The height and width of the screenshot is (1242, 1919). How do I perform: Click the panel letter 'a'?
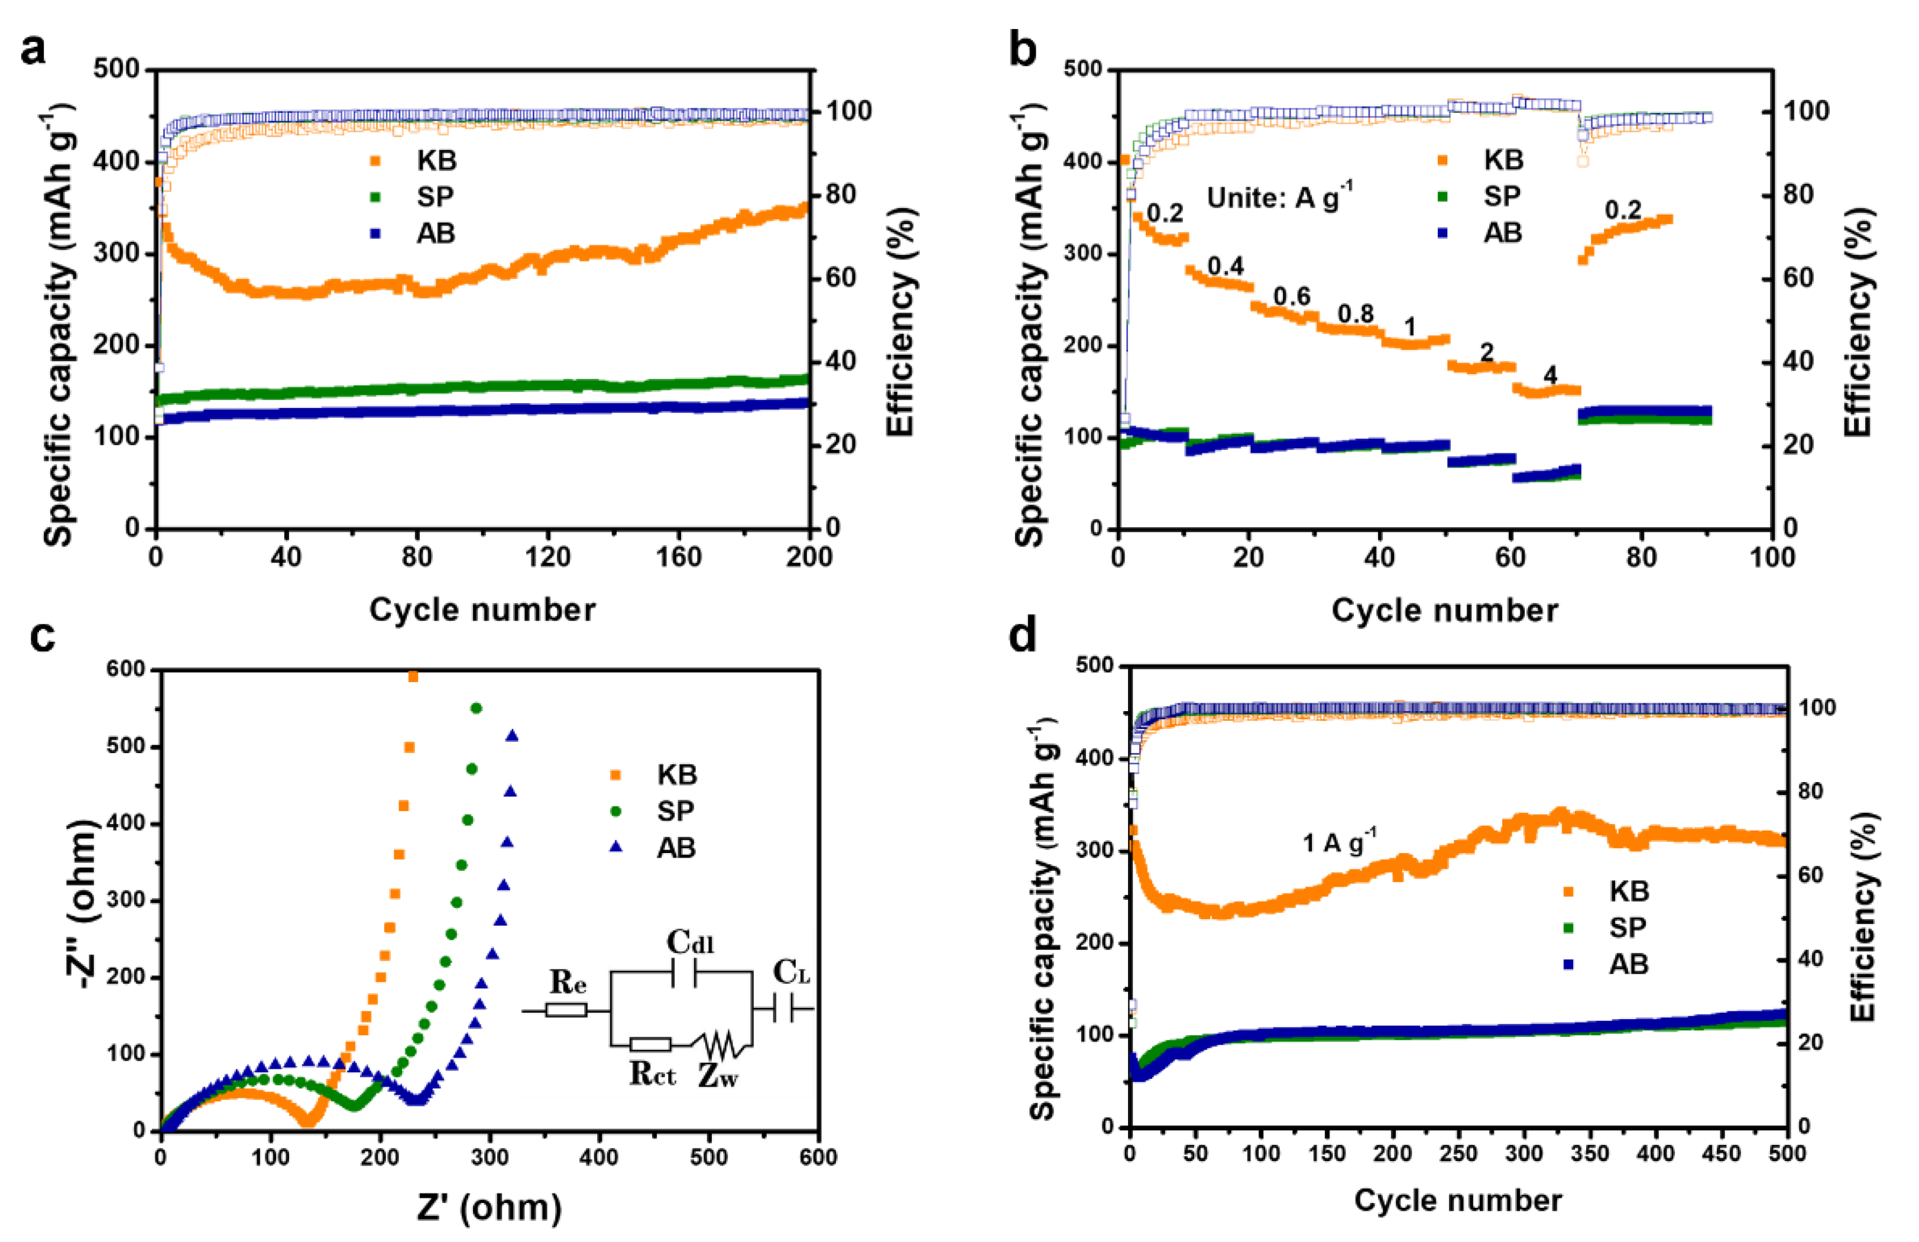click(x=33, y=51)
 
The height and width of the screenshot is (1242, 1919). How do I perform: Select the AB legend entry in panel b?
click(x=1502, y=232)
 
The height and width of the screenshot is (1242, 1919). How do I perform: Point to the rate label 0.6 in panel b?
click(x=1292, y=297)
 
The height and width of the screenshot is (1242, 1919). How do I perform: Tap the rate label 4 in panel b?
click(x=1550, y=375)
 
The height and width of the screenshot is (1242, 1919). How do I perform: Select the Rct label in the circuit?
click(x=652, y=1074)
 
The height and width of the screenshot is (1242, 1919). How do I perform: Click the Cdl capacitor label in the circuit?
click(x=690, y=942)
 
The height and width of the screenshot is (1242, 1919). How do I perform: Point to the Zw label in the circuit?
click(x=718, y=1075)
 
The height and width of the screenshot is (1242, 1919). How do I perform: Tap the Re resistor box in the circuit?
click(x=565, y=1010)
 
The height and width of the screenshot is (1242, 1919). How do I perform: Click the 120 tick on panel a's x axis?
click(x=547, y=556)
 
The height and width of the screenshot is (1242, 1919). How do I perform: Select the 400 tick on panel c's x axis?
click(x=599, y=1157)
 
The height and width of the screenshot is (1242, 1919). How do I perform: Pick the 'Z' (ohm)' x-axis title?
click(x=490, y=1207)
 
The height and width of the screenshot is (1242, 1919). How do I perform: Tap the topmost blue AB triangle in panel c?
click(x=511, y=735)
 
